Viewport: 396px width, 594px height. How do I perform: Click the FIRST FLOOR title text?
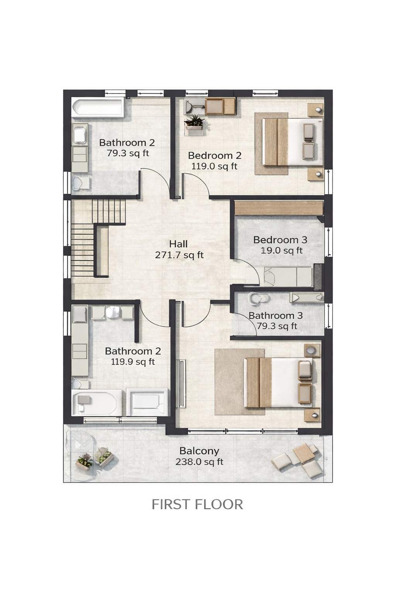tap(197, 504)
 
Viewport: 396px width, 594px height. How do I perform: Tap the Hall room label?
tap(179, 244)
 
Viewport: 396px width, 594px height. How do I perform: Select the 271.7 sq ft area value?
tap(179, 255)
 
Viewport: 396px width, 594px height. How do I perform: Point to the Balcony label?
tap(199, 451)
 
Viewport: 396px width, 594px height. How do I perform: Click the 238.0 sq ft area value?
tap(199, 462)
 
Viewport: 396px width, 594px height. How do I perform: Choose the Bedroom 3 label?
tap(280, 240)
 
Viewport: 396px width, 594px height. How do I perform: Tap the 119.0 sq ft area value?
tap(214, 166)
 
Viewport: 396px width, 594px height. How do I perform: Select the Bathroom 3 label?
tap(276, 316)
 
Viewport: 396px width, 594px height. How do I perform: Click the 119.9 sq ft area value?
tap(133, 362)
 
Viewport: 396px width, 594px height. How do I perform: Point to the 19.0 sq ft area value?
tap(282, 250)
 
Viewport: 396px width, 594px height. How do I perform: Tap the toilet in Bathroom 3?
tap(258, 298)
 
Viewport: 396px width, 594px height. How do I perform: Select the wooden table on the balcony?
tap(304, 452)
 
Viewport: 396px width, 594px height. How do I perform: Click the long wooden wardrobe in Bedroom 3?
tap(279, 208)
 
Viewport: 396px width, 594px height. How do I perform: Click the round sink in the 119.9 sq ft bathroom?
tap(113, 312)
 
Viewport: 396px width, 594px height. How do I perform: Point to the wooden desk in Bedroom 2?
tap(220, 106)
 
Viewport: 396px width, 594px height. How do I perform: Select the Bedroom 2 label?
tap(215, 155)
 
